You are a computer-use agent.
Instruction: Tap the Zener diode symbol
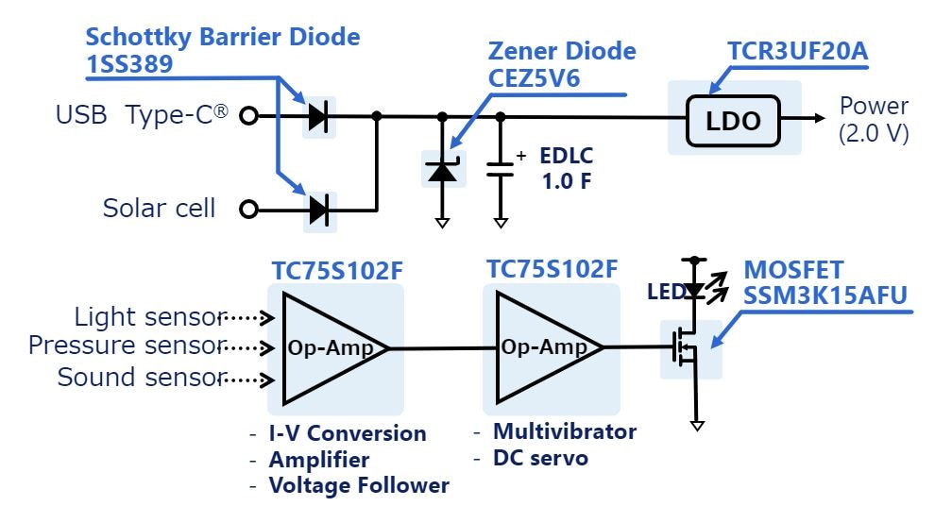[441, 171]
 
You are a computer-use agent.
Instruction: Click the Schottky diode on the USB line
[318, 117]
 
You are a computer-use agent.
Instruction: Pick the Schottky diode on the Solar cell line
[318, 209]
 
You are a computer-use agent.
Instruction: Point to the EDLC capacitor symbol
[500, 170]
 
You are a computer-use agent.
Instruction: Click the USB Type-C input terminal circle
[249, 117]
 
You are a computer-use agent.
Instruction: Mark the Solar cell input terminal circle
[249, 209]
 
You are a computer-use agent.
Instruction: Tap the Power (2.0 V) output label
[874, 119]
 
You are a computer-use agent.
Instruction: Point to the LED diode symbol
[696, 291]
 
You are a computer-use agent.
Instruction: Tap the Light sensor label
[150, 316]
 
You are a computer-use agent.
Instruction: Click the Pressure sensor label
[127, 346]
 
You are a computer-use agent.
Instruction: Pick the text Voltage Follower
[359, 485]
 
